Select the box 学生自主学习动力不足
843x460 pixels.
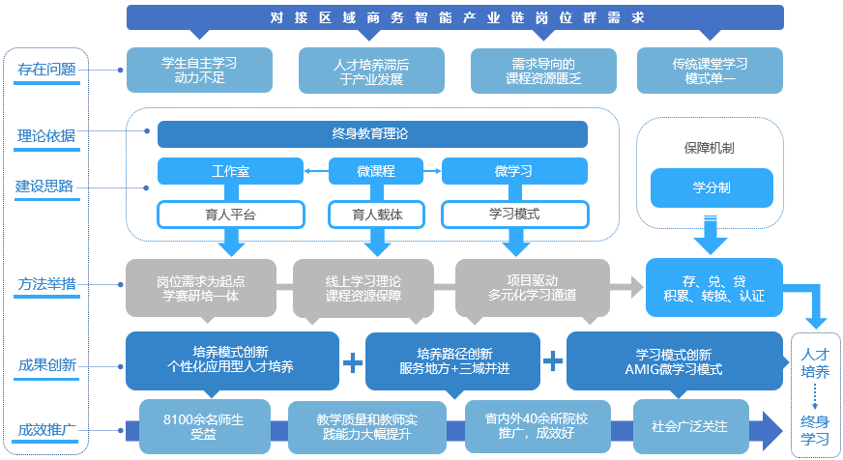199,71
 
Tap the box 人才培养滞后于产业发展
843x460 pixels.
371,71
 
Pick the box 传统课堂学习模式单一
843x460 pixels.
710,71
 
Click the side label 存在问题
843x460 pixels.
46,70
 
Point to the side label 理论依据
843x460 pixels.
46,135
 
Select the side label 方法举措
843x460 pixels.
46,284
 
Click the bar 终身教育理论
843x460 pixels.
371,134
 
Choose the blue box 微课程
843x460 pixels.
375,172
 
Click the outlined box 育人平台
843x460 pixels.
230,214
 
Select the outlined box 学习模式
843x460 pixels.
513,214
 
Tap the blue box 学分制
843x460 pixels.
711,187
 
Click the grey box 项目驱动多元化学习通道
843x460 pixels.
533,287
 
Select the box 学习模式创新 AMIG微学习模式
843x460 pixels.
673,360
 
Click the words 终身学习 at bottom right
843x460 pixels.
815,430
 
